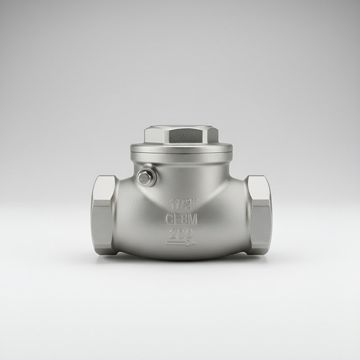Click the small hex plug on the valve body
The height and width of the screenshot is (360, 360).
tap(145, 177)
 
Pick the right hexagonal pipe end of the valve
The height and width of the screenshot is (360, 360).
tap(259, 216)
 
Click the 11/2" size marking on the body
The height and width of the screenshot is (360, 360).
tap(184, 204)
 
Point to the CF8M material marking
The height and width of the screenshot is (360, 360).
tap(181, 219)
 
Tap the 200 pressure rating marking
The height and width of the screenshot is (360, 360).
tap(181, 234)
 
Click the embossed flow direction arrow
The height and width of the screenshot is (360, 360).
tap(181, 243)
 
